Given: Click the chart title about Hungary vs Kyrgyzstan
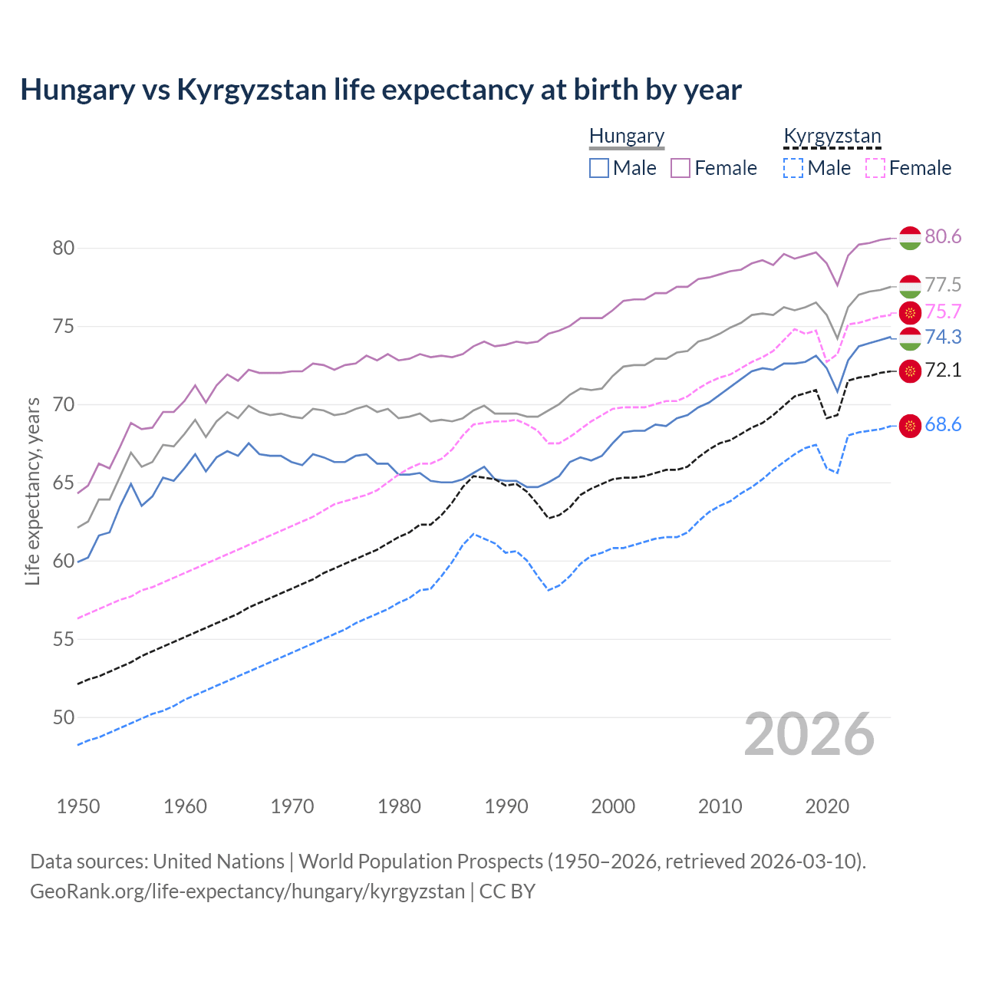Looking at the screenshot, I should [x=381, y=90].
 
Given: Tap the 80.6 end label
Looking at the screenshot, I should [x=943, y=236].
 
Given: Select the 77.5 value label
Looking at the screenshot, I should [x=943, y=285].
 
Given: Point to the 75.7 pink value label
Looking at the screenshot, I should [x=943, y=311].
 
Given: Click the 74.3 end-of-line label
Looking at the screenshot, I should [x=943, y=337].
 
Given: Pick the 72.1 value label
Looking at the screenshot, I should [x=943, y=370].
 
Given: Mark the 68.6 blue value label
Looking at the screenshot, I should [x=943, y=424].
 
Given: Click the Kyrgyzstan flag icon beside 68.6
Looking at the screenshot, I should [x=910, y=426].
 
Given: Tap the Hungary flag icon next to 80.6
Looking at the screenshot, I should [x=910, y=238].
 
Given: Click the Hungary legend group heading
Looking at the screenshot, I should [x=627, y=136].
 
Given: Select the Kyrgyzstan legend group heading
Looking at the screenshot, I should [x=832, y=136].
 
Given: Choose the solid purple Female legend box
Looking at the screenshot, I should [x=680, y=168].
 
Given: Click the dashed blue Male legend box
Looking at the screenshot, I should [x=793, y=168].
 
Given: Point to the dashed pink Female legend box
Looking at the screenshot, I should [x=875, y=168].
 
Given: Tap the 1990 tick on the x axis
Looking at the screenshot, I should [x=506, y=806].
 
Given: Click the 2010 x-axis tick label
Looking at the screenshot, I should [x=720, y=806].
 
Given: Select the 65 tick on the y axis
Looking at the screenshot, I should [x=64, y=483].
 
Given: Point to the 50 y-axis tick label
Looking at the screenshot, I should [x=64, y=717].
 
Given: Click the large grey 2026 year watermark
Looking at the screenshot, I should [x=809, y=734].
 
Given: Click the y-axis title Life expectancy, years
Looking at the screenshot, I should [x=33, y=491].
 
